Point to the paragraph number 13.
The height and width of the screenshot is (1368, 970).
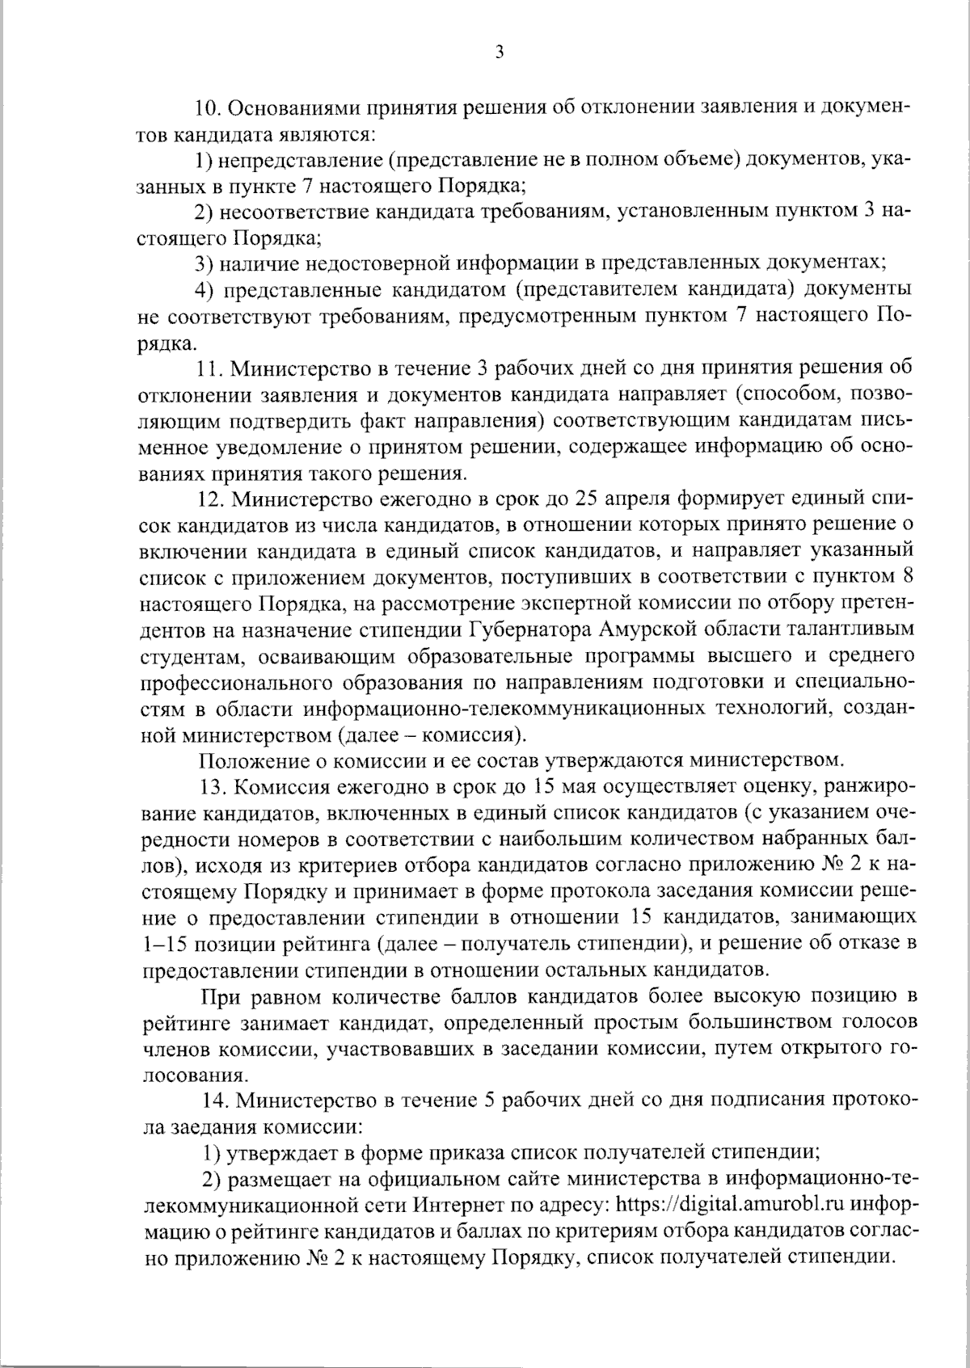[x=211, y=786]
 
